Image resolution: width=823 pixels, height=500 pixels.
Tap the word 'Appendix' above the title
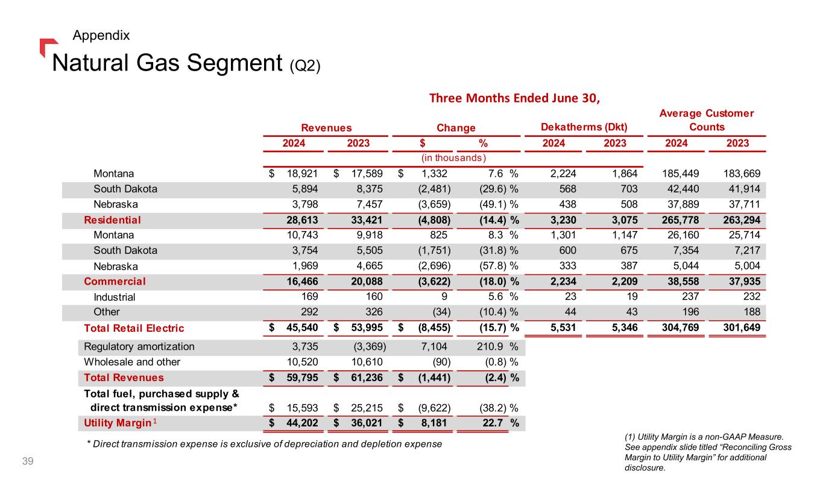101,36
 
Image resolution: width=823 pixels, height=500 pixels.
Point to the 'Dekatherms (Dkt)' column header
584,127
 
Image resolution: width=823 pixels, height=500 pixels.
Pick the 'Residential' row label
112,220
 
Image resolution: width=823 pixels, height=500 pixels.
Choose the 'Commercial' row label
115,281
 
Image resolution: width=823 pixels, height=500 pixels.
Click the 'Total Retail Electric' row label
134,329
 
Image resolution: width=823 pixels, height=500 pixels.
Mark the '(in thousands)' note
452,158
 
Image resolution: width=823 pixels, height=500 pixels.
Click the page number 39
27,462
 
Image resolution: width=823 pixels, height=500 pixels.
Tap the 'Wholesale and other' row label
132,362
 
